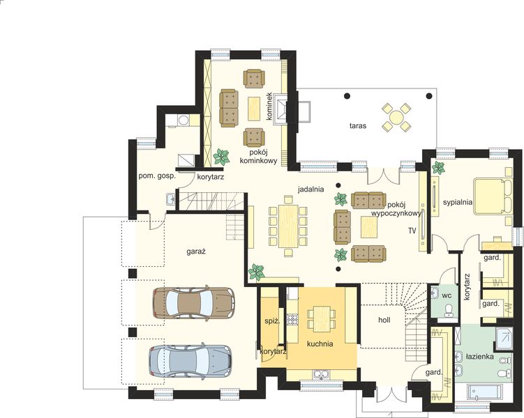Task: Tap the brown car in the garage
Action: click(193, 302)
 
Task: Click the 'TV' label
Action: click(412, 230)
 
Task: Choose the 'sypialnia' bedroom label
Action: click(458, 202)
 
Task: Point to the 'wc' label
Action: click(447, 295)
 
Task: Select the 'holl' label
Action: click(384, 321)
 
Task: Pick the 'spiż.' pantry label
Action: click(271, 320)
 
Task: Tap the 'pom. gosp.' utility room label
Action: click(156, 176)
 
